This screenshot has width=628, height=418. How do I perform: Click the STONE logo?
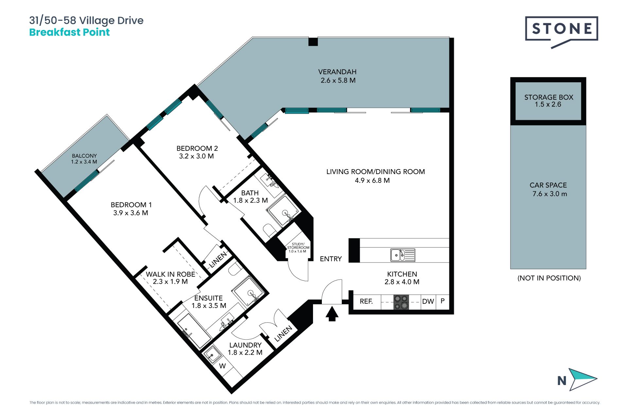click(561, 32)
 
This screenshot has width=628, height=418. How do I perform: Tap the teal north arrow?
click(582, 379)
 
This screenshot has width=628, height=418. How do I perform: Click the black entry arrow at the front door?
click(332, 313)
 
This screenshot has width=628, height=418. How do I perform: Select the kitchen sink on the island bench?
click(403, 255)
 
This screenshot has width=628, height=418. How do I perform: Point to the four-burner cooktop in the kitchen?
click(401, 302)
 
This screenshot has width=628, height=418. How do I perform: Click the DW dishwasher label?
click(428, 301)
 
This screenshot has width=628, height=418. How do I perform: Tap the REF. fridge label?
click(366, 301)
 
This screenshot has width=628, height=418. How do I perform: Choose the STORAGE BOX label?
click(549, 97)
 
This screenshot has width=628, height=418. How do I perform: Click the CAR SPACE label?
click(548, 185)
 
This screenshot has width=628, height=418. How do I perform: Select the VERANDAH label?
click(337, 72)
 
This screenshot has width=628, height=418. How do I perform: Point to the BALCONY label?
click(84, 156)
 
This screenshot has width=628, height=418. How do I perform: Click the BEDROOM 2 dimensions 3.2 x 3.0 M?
click(196, 156)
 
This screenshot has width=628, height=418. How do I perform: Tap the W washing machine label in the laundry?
click(222, 366)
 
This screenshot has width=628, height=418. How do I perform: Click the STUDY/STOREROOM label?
click(298, 246)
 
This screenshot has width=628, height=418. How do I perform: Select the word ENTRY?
click(331, 259)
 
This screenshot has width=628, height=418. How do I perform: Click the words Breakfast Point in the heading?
click(69, 32)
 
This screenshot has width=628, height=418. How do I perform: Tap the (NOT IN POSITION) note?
click(549, 278)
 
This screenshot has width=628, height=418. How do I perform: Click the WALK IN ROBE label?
click(170, 274)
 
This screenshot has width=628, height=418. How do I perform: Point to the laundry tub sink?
click(212, 354)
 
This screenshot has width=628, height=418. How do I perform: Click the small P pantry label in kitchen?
click(443, 301)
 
